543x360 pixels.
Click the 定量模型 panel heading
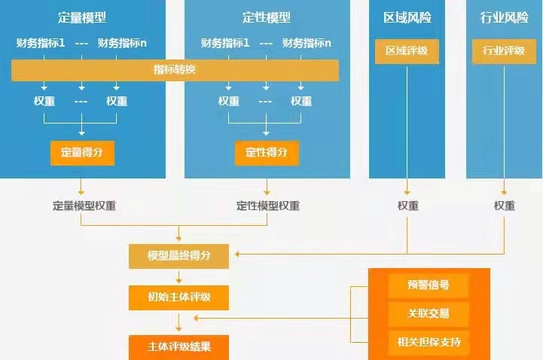tap(82, 17)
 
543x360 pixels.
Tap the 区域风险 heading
tap(407, 17)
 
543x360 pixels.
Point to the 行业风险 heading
tap(504, 17)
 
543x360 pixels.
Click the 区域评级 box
tap(407, 51)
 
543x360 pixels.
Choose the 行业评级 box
tap(504, 51)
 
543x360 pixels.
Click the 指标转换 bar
tap(175, 71)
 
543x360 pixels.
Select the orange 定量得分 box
tap(82, 152)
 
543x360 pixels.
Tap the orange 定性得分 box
tap(266, 152)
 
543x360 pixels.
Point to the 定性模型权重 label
tap(267, 205)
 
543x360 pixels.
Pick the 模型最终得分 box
tap(178, 257)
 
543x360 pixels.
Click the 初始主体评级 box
tap(178, 297)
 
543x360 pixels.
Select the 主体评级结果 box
tap(178, 347)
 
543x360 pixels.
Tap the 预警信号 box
tap(429, 285)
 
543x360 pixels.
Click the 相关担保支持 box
tap(429, 343)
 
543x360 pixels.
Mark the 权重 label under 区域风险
tap(408, 205)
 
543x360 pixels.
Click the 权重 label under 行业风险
tap(505, 205)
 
